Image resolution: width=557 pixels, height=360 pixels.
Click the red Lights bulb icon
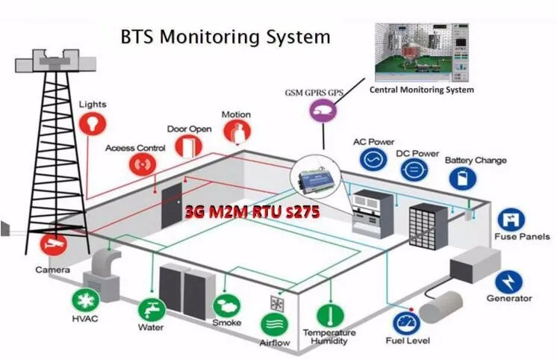(x=93, y=124)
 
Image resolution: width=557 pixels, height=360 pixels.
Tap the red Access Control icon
(x=143, y=164)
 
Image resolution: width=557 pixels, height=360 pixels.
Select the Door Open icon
(x=189, y=146)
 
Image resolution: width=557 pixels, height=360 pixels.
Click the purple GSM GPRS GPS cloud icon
(x=323, y=111)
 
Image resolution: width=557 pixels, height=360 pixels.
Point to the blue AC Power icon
(x=373, y=159)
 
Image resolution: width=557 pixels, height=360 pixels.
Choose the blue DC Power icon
(x=414, y=170)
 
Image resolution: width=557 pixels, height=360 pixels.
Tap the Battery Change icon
(x=463, y=178)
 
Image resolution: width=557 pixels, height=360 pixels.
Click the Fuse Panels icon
(x=511, y=220)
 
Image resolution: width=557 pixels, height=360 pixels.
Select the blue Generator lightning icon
(x=508, y=282)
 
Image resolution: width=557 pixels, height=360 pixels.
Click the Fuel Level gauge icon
(x=407, y=323)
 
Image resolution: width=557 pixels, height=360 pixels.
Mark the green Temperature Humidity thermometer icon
(x=330, y=315)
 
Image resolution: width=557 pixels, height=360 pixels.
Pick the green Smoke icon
(x=227, y=305)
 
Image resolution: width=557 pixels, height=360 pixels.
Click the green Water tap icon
(x=152, y=309)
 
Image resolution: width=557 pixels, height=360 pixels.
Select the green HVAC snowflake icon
(x=86, y=300)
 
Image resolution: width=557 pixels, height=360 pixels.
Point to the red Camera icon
(x=54, y=244)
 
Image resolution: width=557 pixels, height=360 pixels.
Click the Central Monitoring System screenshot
(x=422, y=52)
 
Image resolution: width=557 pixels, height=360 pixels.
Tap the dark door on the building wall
(x=172, y=206)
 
